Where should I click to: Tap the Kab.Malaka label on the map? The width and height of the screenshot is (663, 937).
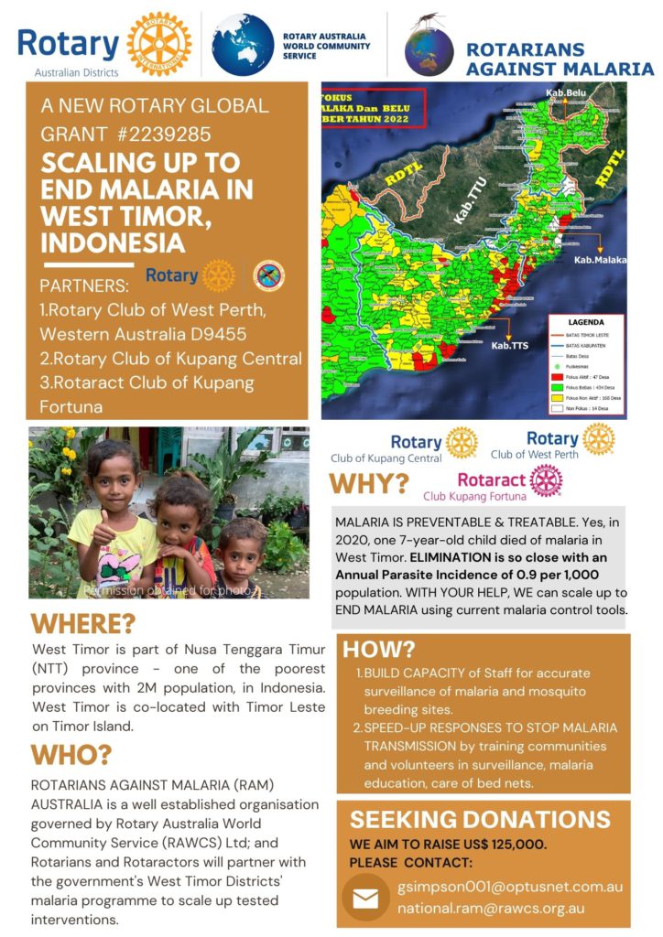(x=600, y=260)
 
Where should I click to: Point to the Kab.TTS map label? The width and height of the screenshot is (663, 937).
(x=510, y=346)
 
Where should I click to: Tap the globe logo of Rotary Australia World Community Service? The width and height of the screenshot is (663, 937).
(x=243, y=44)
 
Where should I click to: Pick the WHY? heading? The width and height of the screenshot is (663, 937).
(x=369, y=483)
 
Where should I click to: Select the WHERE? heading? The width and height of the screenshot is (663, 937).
(x=83, y=625)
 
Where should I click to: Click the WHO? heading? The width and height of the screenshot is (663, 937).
(x=71, y=755)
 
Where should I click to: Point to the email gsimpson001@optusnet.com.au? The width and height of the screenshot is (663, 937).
(x=510, y=888)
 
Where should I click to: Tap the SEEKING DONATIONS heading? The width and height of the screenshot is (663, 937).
(x=480, y=819)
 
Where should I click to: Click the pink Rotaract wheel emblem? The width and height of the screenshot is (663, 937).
(x=546, y=480)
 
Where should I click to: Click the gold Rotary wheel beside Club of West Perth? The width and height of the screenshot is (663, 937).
(x=599, y=439)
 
